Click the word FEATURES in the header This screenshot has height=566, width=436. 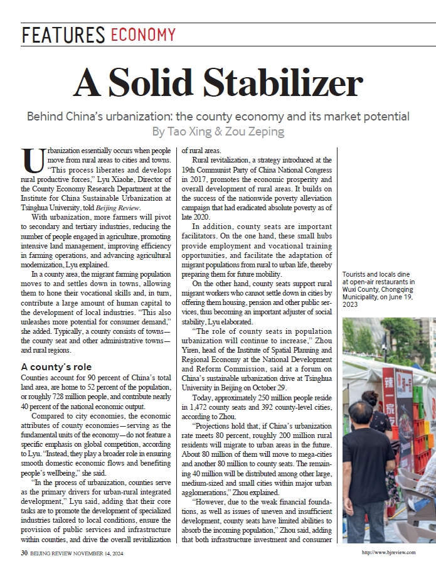(63, 35)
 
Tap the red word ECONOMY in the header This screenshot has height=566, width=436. (144, 35)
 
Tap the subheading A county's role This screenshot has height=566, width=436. (56, 366)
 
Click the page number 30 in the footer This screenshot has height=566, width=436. (23, 553)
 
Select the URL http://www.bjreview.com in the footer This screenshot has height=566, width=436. (388, 553)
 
